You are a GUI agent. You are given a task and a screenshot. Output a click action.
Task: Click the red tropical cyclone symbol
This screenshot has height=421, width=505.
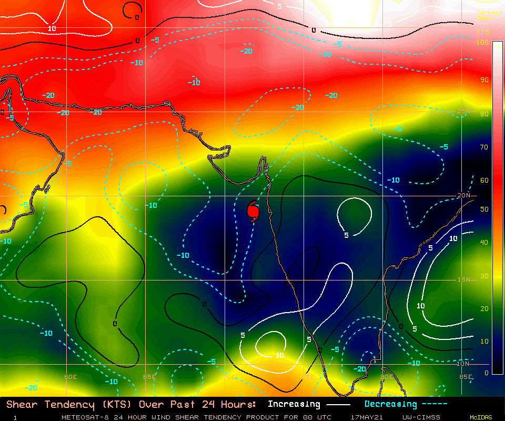tap(253, 210)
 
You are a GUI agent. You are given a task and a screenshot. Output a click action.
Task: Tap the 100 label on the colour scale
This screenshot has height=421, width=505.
tap(482, 42)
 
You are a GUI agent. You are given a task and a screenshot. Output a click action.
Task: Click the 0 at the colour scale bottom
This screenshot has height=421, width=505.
tap(486, 373)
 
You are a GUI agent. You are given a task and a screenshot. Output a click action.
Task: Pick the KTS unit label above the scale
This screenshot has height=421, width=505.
tap(482, 32)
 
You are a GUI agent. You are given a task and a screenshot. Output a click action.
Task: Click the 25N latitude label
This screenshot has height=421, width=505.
tap(463, 111)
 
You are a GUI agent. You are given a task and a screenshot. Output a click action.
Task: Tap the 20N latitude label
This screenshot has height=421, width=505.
tap(463, 195)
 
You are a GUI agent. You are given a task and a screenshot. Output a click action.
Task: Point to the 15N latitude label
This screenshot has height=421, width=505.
tap(463, 279)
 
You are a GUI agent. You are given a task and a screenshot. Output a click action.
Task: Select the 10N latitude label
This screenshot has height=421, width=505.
tap(463, 364)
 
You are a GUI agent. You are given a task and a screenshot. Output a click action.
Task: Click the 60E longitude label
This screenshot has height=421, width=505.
tap(70, 377)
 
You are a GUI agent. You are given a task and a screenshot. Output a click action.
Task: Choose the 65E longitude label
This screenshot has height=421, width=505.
tap(149, 377)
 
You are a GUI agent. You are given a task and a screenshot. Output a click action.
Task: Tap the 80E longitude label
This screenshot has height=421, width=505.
tap(386, 377)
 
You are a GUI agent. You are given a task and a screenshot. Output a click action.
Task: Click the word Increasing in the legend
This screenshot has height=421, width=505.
tap(294, 404)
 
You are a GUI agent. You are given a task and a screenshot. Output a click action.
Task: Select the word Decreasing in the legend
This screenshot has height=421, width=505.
tap(391, 404)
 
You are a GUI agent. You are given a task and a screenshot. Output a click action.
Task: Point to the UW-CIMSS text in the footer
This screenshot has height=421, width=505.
tap(421, 417)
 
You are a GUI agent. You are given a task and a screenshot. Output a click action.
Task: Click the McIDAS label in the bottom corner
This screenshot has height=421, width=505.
tap(481, 417)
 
